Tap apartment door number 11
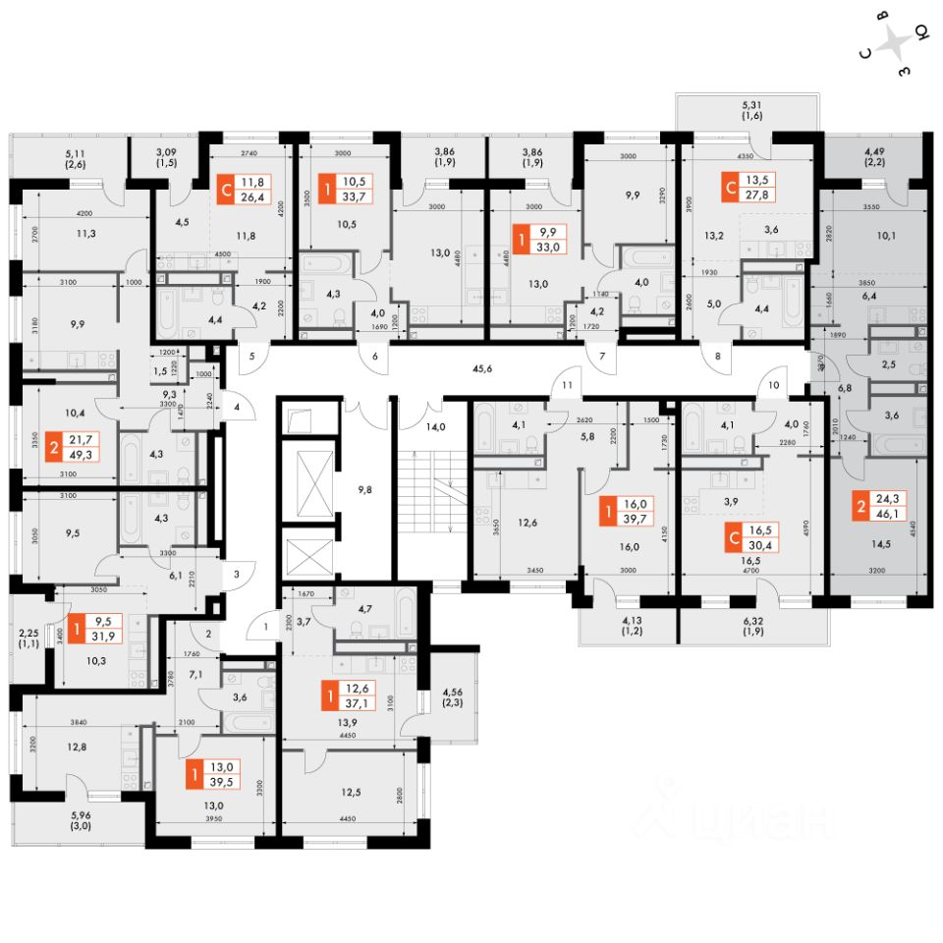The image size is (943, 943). point(567,386)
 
